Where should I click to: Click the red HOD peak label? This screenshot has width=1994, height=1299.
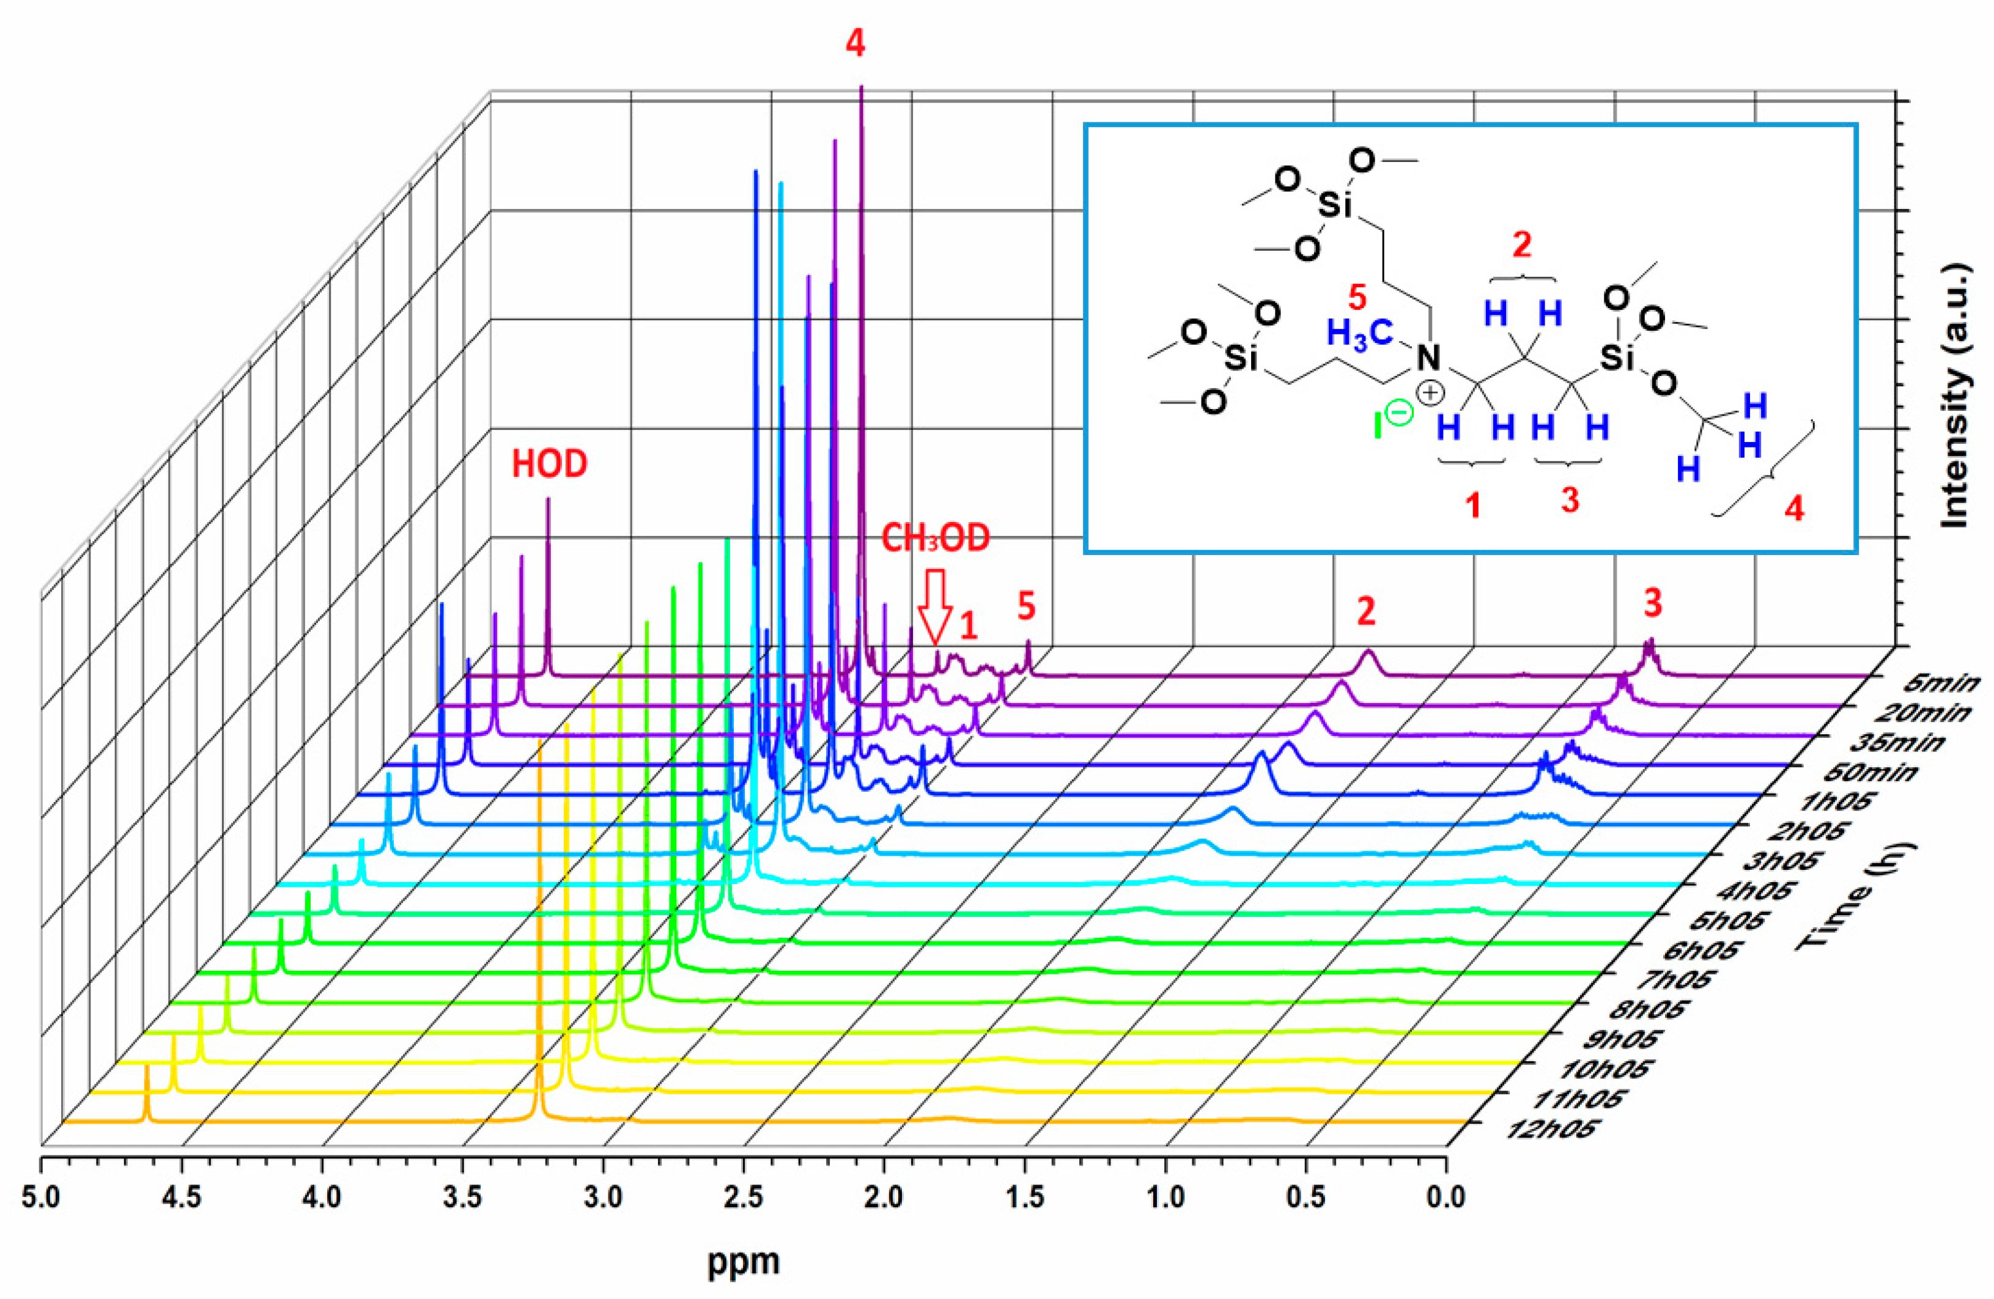tap(550, 463)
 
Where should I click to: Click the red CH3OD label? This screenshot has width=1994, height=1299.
tap(935, 539)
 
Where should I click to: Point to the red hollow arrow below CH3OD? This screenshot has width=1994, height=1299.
tap(934, 606)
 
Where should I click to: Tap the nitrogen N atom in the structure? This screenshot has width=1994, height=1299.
tap(1428, 358)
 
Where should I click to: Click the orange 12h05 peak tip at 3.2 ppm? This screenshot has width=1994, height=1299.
tap(539, 745)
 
